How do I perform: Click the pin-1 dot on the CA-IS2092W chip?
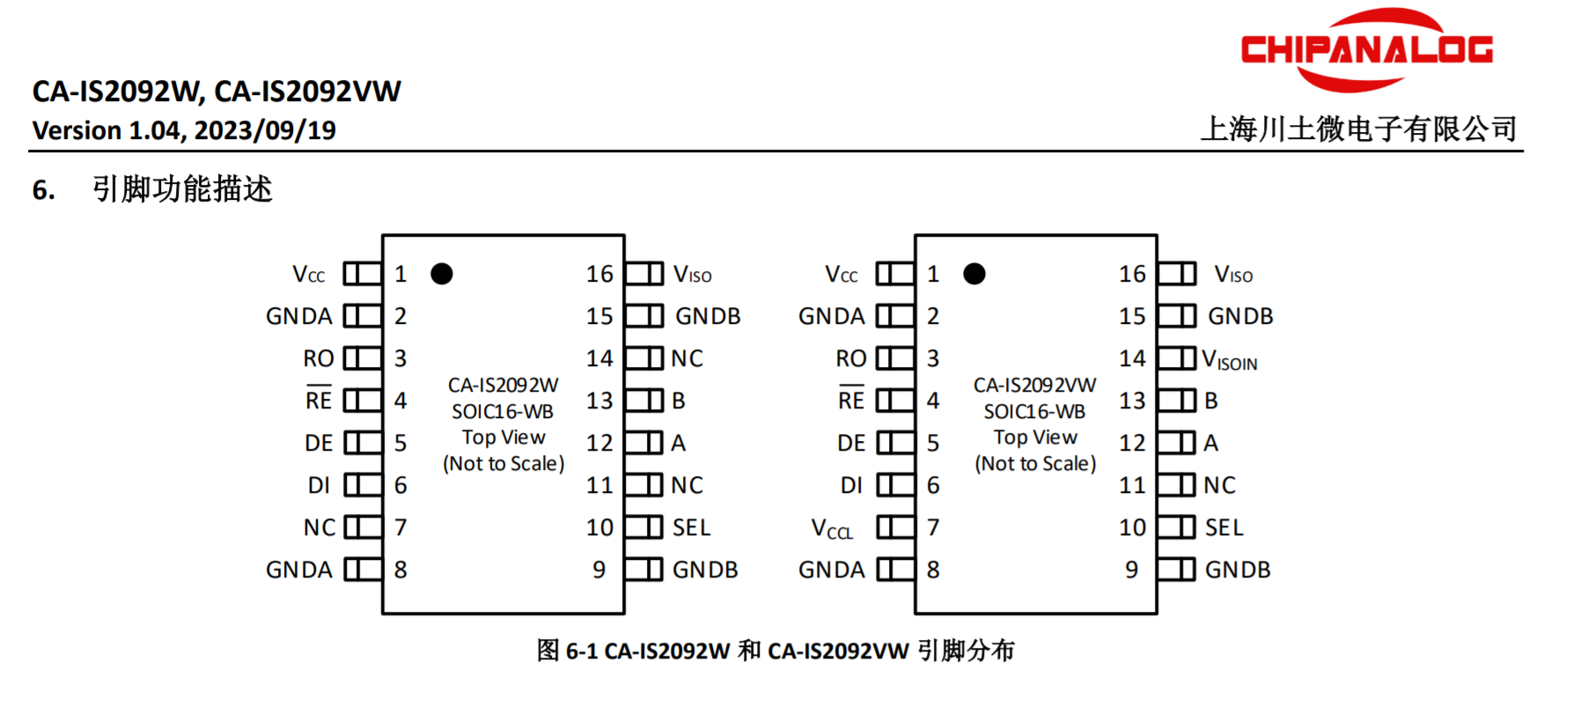(x=442, y=274)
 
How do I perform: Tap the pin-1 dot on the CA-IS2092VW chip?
(x=974, y=274)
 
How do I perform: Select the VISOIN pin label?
(x=1230, y=360)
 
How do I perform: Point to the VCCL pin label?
(x=832, y=529)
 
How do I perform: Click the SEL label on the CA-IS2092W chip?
(x=691, y=527)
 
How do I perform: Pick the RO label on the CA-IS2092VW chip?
(x=851, y=358)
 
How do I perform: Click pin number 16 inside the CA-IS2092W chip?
(x=599, y=274)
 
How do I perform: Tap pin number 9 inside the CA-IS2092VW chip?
(x=1132, y=570)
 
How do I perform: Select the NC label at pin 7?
(x=320, y=527)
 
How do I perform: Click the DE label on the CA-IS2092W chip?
(x=319, y=443)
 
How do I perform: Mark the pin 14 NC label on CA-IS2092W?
(x=687, y=358)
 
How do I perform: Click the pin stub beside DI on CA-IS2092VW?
(x=895, y=485)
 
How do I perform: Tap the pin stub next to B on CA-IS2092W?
(x=644, y=401)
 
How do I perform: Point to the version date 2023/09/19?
(x=265, y=130)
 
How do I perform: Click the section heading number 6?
(x=43, y=189)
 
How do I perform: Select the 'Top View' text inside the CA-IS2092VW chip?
(x=1035, y=438)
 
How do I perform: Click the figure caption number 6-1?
(x=581, y=651)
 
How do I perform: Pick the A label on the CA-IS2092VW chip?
(x=1211, y=443)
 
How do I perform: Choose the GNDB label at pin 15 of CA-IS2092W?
(x=708, y=316)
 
